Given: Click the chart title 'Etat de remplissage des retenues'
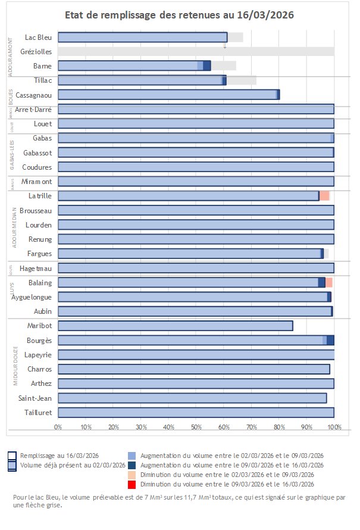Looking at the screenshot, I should [x=179, y=14].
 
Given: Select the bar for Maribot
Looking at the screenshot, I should [x=175, y=326].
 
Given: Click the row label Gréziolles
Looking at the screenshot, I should [x=36, y=52].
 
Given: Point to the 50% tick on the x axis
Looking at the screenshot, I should [x=196, y=427].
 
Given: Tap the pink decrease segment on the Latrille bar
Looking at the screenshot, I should [x=324, y=196].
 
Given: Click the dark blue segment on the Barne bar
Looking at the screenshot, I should [x=206, y=66].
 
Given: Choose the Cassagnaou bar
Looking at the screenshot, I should [x=168, y=95].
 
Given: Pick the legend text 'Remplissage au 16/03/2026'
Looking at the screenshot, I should [x=60, y=456].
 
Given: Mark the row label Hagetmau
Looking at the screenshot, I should [x=36, y=268].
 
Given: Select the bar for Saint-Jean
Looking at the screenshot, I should [x=192, y=398].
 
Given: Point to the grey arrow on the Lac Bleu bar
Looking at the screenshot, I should [x=225, y=43].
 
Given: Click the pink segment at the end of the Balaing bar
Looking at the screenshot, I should [x=329, y=282].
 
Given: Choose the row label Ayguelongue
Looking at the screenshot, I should [x=32, y=297].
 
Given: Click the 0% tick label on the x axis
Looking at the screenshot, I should [x=58, y=427].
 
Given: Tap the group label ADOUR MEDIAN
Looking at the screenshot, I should [x=15, y=225].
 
